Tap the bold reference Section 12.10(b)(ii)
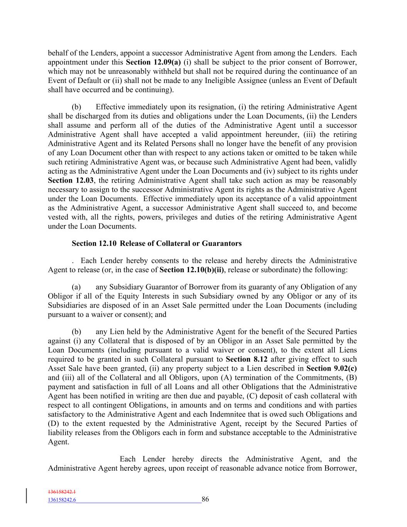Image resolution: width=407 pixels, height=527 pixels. tap(191, 269)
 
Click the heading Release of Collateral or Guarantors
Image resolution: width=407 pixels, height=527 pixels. tap(181, 243)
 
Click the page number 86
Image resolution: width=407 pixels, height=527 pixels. tap(205, 499)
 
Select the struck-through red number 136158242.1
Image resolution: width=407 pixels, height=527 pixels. tap(62, 492)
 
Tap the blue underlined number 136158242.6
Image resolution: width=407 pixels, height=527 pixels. tap(62, 500)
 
